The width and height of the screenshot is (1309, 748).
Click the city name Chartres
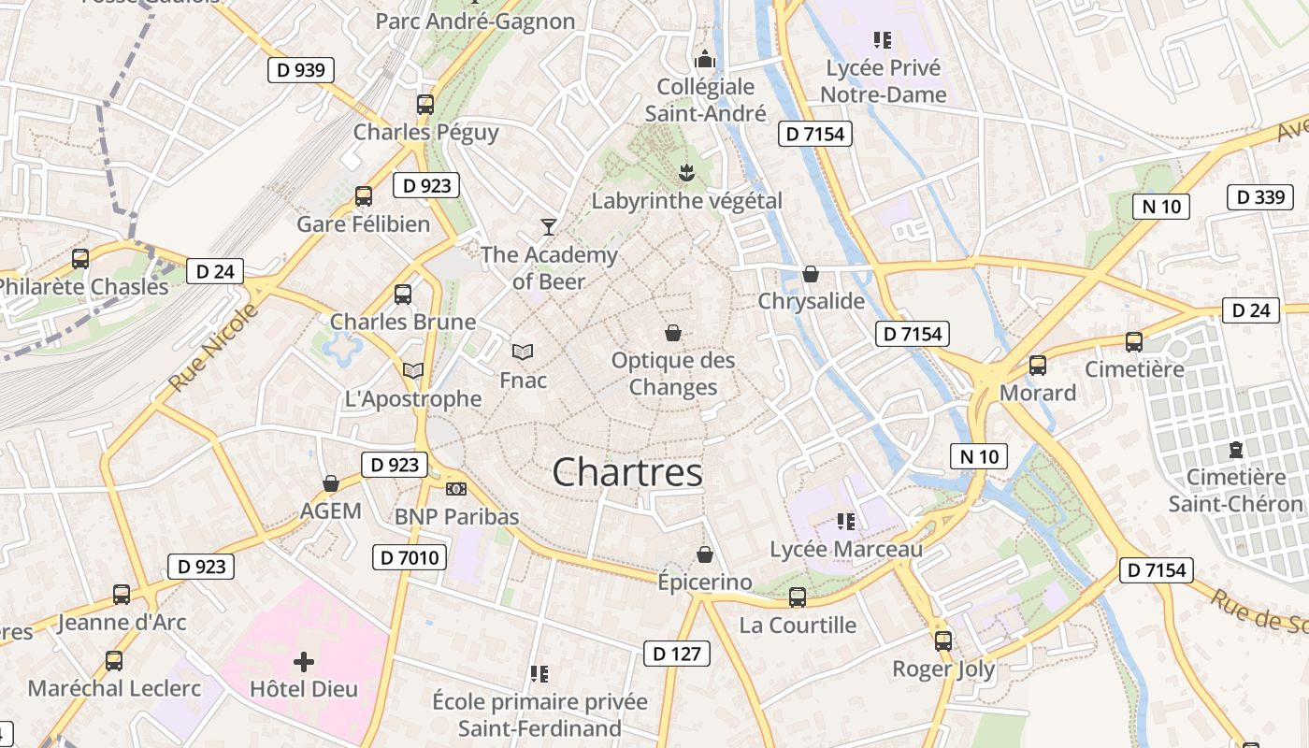(627, 472)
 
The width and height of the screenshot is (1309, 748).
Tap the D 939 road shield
(300, 70)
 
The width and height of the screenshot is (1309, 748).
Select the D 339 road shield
(1259, 197)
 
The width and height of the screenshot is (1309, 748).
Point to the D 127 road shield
(676, 654)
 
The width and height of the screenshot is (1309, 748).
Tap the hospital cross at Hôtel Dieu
(304, 662)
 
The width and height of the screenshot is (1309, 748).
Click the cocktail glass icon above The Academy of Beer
(548, 226)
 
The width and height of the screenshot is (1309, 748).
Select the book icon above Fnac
(523, 352)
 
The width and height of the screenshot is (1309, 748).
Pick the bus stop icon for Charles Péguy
(425, 104)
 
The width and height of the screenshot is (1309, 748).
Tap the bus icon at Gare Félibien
(364, 196)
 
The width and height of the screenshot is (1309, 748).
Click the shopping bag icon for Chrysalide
(811, 274)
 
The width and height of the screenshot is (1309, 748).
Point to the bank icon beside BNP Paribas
(456, 489)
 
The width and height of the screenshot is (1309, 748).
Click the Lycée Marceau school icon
(846, 522)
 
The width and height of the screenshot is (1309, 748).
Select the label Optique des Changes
(673, 374)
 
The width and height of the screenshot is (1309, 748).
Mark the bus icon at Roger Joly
(943, 641)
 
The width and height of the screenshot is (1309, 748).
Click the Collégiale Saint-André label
(706, 100)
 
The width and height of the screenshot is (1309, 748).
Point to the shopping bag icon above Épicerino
(705, 554)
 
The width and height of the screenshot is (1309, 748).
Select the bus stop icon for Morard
(1038, 365)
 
